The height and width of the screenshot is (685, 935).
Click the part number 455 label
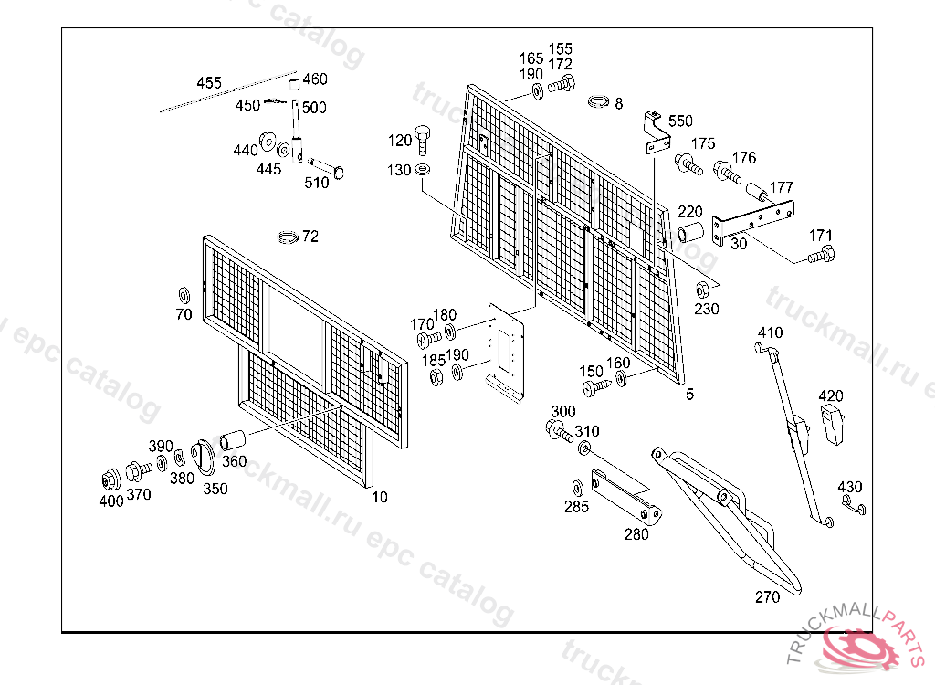(x=209, y=83)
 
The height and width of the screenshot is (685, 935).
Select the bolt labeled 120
(x=422, y=141)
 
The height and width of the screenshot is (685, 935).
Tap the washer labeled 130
(x=422, y=169)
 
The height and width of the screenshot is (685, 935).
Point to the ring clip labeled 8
(x=599, y=102)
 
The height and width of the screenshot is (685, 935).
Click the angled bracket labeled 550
(x=657, y=132)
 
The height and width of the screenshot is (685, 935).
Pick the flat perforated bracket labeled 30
(x=752, y=222)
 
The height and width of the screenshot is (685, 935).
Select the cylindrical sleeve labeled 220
(x=690, y=231)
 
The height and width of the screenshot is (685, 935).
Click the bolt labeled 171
(x=822, y=256)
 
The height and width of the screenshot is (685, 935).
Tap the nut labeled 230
(x=702, y=290)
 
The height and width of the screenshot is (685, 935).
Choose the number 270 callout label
(x=767, y=596)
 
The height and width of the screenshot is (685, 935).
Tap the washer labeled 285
(x=577, y=488)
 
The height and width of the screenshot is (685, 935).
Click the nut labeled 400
(x=110, y=479)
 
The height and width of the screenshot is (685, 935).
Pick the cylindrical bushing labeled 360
(x=233, y=440)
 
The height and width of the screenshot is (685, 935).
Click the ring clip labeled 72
(x=288, y=237)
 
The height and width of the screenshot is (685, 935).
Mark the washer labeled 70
(x=184, y=295)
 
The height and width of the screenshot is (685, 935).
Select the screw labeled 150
(x=596, y=386)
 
